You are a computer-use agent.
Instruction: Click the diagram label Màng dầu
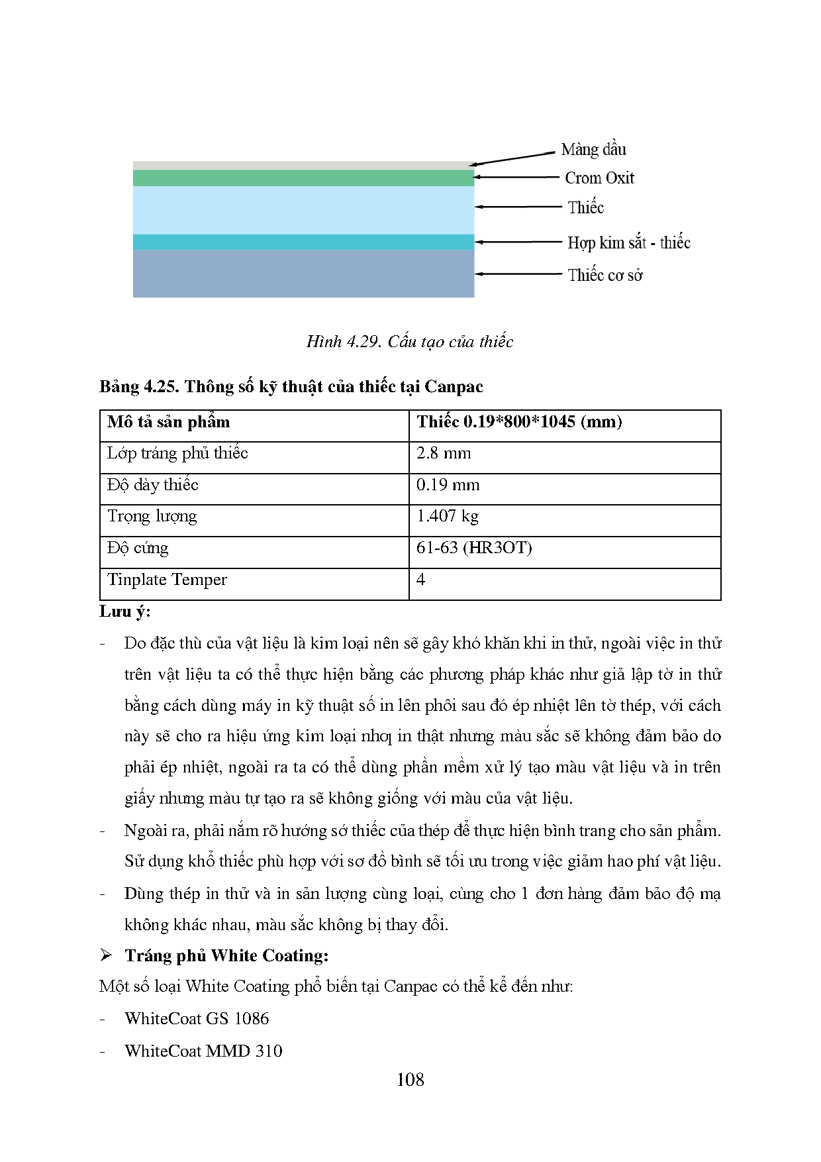pyautogui.click(x=593, y=150)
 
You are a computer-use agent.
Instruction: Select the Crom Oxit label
pyautogui.click(x=599, y=178)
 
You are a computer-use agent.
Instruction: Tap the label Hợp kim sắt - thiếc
pyautogui.click(x=628, y=242)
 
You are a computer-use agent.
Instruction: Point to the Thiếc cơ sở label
pyautogui.click(x=604, y=275)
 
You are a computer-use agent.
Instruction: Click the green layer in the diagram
pyautogui.click(x=303, y=178)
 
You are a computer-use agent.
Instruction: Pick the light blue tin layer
pyautogui.click(x=303, y=210)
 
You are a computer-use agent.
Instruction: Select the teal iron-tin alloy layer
pyautogui.click(x=303, y=242)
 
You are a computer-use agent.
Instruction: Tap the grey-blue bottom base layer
pyautogui.click(x=303, y=274)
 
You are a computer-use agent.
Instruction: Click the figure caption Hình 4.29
pyautogui.click(x=410, y=342)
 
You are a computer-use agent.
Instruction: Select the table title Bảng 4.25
pyautogui.click(x=291, y=387)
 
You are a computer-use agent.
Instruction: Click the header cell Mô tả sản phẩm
pyautogui.click(x=168, y=422)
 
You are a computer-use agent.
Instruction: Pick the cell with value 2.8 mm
pyautogui.click(x=444, y=454)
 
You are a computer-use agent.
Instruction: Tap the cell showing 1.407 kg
pyautogui.click(x=448, y=517)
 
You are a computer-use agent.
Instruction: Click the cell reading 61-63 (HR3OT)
pyautogui.click(x=474, y=549)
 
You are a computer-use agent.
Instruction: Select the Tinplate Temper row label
pyautogui.click(x=167, y=580)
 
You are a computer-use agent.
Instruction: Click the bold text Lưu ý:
pyautogui.click(x=125, y=611)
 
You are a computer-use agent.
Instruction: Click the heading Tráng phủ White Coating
pyautogui.click(x=226, y=955)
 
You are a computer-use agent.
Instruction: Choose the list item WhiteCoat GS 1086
pyautogui.click(x=197, y=1019)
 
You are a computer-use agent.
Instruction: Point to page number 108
pyautogui.click(x=410, y=1080)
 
